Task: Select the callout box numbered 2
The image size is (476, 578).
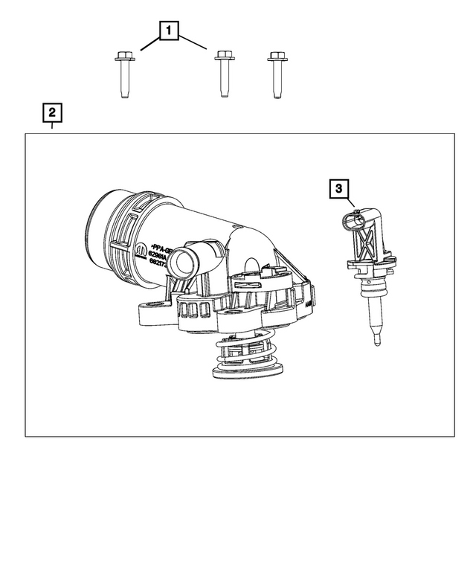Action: click(51, 113)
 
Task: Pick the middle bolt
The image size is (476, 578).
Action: click(221, 74)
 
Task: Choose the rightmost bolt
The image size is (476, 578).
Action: click(277, 74)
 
